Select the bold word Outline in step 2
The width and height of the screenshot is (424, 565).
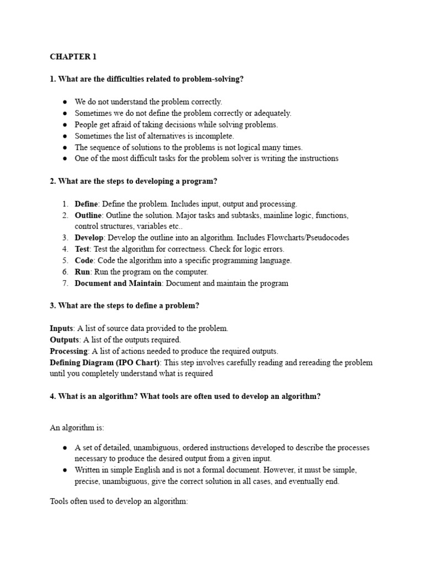pos(88,215)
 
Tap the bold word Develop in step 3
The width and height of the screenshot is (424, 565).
pos(89,238)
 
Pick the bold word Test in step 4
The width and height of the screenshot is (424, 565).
pos(82,249)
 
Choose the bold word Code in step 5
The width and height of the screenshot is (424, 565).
pos(84,260)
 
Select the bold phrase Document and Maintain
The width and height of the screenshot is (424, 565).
pos(118,283)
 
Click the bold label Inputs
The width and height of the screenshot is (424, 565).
pos(61,328)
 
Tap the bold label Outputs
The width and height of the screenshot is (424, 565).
pos(65,340)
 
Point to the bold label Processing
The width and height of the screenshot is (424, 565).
pos(69,351)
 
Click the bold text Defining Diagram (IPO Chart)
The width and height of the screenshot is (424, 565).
pos(105,363)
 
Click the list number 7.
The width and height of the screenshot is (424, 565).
pos(65,283)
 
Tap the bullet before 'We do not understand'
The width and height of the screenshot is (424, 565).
pos(65,102)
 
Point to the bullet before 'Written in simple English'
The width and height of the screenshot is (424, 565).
pos(65,470)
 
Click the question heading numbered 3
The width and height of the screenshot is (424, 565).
pos(124,306)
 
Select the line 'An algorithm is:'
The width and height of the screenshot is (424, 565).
pos(77,427)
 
